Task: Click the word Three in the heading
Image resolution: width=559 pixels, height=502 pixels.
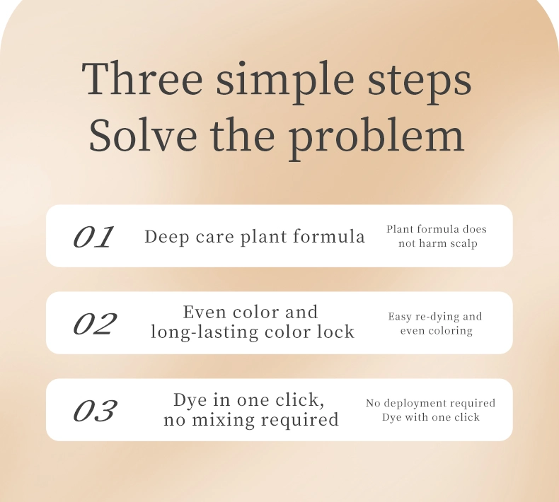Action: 142,78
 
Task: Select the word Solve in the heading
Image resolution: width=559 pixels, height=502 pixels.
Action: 143,134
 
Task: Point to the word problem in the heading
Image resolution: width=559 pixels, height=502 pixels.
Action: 376,139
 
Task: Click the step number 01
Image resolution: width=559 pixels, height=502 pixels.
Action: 93,237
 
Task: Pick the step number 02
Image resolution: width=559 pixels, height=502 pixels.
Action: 95,324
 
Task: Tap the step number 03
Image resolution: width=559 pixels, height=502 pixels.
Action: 95,410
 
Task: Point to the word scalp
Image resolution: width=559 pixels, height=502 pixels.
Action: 461,244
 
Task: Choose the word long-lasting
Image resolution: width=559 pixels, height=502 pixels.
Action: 204,332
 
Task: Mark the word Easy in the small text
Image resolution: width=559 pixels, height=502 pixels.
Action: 400,317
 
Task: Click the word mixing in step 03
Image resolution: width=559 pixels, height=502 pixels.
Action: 224,419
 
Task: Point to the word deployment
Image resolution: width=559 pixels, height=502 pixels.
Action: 422,404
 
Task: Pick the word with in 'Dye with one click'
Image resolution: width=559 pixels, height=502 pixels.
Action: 416,417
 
